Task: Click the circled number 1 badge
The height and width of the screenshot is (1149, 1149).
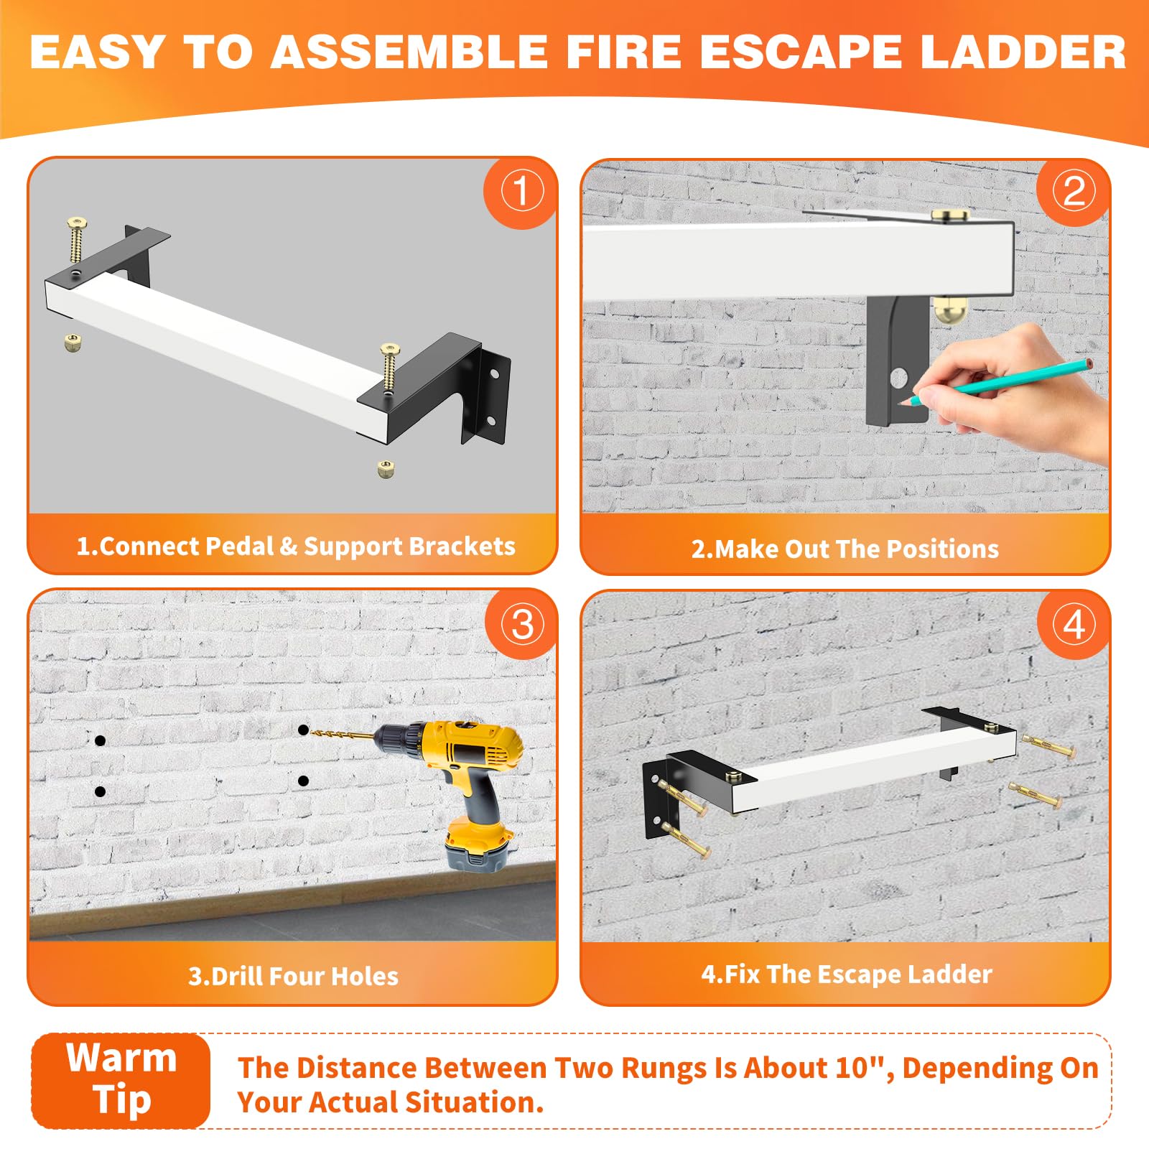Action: tap(521, 192)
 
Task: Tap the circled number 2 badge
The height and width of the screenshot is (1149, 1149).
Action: tap(1074, 192)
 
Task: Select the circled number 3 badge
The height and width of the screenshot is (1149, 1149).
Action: tap(522, 624)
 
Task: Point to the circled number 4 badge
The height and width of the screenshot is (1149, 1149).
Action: tap(1074, 624)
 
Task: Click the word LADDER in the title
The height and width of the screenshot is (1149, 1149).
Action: tap(1023, 52)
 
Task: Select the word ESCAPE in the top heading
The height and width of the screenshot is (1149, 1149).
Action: tap(801, 52)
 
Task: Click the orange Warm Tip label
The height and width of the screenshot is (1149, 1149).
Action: tap(121, 1080)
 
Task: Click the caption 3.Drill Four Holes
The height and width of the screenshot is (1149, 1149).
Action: tap(293, 976)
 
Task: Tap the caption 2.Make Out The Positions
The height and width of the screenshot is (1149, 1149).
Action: tap(845, 549)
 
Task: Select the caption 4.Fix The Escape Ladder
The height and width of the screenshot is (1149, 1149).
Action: tap(847, 974)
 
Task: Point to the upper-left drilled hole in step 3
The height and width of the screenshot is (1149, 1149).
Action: tap(100, 740)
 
